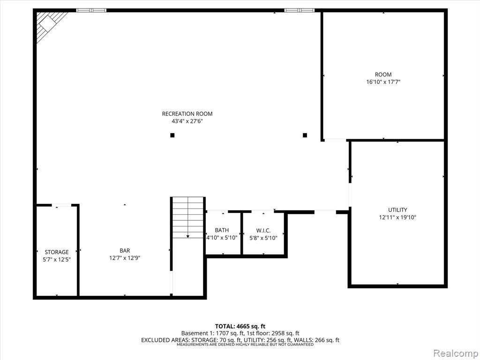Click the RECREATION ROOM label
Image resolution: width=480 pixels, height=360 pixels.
[x=187, y=114]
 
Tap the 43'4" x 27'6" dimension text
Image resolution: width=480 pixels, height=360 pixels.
[x=187, y=121]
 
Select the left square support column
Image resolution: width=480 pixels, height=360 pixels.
[x=172, y=135]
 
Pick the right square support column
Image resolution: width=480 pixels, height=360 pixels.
[x=305, y=135]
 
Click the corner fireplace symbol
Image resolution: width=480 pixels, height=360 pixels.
[x=51, y=26]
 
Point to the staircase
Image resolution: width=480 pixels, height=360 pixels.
[x=188, y=217]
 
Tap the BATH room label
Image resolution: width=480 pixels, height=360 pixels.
[x=222, y=230]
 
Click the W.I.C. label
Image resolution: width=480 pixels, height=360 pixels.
[x=263, y=230]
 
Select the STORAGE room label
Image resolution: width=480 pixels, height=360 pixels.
[x=57, y=252]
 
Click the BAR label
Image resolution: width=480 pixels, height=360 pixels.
[x=125, y=251]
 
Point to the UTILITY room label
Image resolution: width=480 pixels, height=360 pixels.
[x=397, y=210]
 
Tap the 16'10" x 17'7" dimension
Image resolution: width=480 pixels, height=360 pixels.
[x=383, y=82]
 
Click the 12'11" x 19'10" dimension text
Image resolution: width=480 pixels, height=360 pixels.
[x=397, y=217]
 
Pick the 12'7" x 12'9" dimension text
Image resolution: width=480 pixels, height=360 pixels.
[x=125, y=258]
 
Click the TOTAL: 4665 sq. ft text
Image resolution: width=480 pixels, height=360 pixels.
[x=238, y=326]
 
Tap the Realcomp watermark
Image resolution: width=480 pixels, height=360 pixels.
[x=456, y=353]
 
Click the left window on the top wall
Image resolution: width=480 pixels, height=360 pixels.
[x=91, y=10]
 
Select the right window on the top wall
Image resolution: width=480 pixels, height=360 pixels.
[x=300, y=10]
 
